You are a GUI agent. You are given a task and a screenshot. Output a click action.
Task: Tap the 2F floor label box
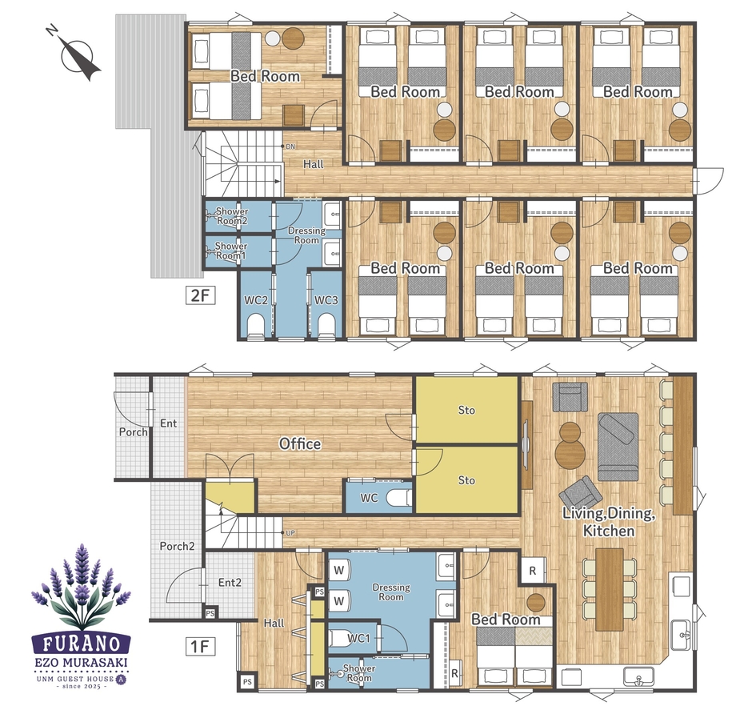pyautogui.click(x=201, y=295)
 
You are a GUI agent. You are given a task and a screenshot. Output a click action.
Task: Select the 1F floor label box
pyautogui.click(x=201, y=646)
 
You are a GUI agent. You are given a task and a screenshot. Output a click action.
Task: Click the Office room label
pyautogui.click(x=300, y=444)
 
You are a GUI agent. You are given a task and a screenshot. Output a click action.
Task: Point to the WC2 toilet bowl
pyautogui.click(x=256, y=325)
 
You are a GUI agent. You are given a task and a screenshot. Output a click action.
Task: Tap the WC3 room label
pyautogui.click(x=326, y=300)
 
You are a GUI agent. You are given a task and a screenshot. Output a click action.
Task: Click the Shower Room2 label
pyautogui.click(x=232, y=216)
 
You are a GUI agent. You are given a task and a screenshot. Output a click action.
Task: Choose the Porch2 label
pyautogui.click(x=177, y=546)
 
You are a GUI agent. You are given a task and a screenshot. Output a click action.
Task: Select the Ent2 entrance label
pyautogui.click(x=230, y=583)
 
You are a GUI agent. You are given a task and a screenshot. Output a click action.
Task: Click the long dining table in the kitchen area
pyautogui.click(x=610, y=590)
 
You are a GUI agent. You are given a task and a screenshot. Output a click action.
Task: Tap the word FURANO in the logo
pyautogui.click(x=82, y=644)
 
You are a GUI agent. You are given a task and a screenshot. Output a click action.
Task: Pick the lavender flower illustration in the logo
pyautogui.click(x=82, y=587)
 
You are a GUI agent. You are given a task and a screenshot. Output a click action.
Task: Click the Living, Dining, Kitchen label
pyautogui.click(x=609, y=522)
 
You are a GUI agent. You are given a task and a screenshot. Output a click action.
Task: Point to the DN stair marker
pyautogui.click(x=290, y=146)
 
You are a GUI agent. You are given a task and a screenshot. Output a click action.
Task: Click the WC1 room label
pyautogui.click(x=358, y=638)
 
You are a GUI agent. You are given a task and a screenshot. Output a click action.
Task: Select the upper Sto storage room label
pyautogui.click(x=466, y=411)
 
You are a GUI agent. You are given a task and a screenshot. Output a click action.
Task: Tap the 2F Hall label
pyautogui.click(x=314, y=164)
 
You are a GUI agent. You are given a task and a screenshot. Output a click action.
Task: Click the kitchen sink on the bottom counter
pyautogui.click(x=638, y=676)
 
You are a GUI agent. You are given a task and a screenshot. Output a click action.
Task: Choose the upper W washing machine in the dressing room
pyautogui.click(x=339, y=571)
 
